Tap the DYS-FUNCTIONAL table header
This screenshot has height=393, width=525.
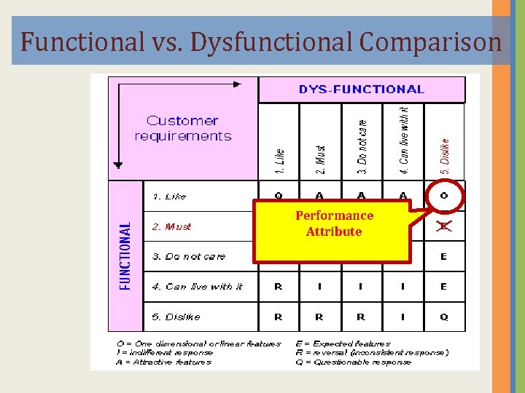coord(362,90)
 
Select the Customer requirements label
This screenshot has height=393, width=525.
coord(183,128)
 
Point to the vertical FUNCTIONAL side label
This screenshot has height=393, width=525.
coord(125,256)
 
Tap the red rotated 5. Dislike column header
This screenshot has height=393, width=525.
coord(445,150)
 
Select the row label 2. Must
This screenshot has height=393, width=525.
coord(171,226)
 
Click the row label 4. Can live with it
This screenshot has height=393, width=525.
coord(197,287)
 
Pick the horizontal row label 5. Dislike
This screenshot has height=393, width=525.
coord(176,317)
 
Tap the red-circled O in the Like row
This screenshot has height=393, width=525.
coord(443,196)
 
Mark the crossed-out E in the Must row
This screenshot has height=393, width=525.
coord(443,226)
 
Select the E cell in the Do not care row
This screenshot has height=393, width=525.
coord(443,256)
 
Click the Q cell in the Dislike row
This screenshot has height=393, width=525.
coord(443,317)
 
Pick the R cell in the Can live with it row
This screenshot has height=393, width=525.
coord(279,287)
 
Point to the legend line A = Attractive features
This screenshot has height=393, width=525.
coord(164,362)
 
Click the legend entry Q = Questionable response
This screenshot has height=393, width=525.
coord(354,362)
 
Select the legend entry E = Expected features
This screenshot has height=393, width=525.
coord(343,344)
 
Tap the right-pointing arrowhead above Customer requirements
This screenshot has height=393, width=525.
coord(236,84)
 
